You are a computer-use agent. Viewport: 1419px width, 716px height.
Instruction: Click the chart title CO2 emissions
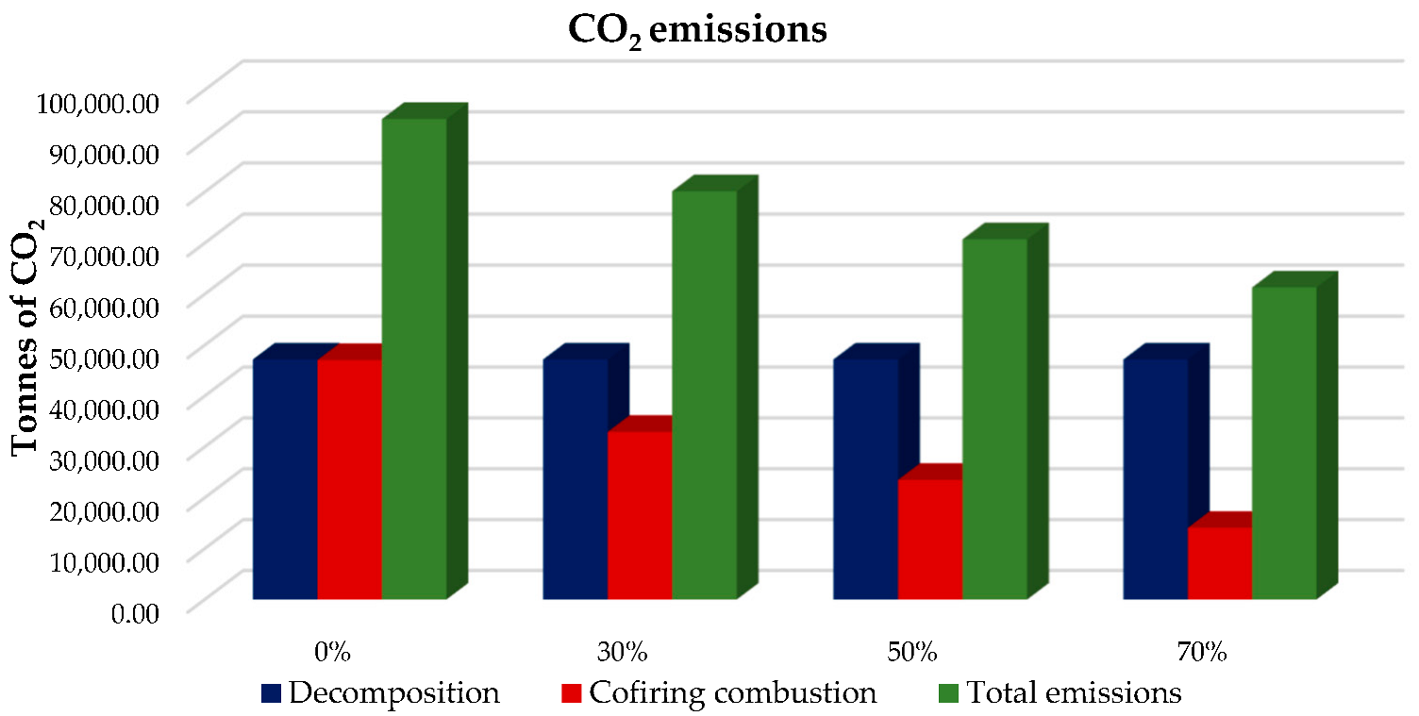click(x=697, y=30)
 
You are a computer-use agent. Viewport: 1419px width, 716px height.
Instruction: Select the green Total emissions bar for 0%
click(x=413, y=358)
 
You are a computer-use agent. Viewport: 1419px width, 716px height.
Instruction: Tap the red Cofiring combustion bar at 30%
click(x=639, y=514)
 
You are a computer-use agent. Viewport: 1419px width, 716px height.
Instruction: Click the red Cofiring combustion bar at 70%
click(x=1219, y=562)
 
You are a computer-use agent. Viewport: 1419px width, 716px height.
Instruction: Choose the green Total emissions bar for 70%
click(x=1283, y=442)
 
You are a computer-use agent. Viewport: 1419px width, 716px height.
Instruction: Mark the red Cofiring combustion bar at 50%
click(x=929, y=538)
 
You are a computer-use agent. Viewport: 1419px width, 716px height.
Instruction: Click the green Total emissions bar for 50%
click(x=993, y=419)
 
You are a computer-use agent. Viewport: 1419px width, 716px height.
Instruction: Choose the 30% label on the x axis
click(x=623, y=652)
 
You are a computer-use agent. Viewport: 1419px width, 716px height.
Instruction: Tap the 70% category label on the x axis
click(x=1201, y=652)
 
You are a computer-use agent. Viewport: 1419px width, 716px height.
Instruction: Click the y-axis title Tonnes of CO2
click(x=28, y=335)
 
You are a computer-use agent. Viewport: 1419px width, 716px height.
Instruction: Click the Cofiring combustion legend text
click(x=732, y=693)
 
